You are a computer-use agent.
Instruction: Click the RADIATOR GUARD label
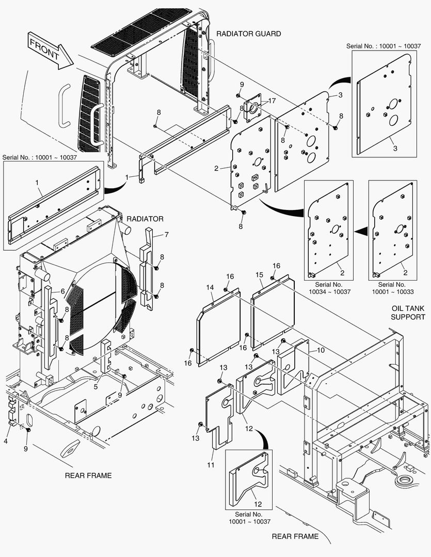click(248, 34)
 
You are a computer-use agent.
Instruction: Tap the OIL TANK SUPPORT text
click(408, 313)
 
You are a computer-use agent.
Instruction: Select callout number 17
click(272, 101)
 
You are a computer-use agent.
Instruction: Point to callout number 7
click(167, 235)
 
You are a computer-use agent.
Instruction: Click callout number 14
click(210, 287)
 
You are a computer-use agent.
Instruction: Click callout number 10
click(321, 350)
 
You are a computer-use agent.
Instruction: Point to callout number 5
click(96, 386)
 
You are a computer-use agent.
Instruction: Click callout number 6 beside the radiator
click(63, 291)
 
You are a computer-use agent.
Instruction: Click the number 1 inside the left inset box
click(37, 182)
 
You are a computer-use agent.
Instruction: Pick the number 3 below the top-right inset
click(395, 148)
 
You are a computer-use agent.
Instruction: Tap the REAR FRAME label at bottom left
click(88, 475)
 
